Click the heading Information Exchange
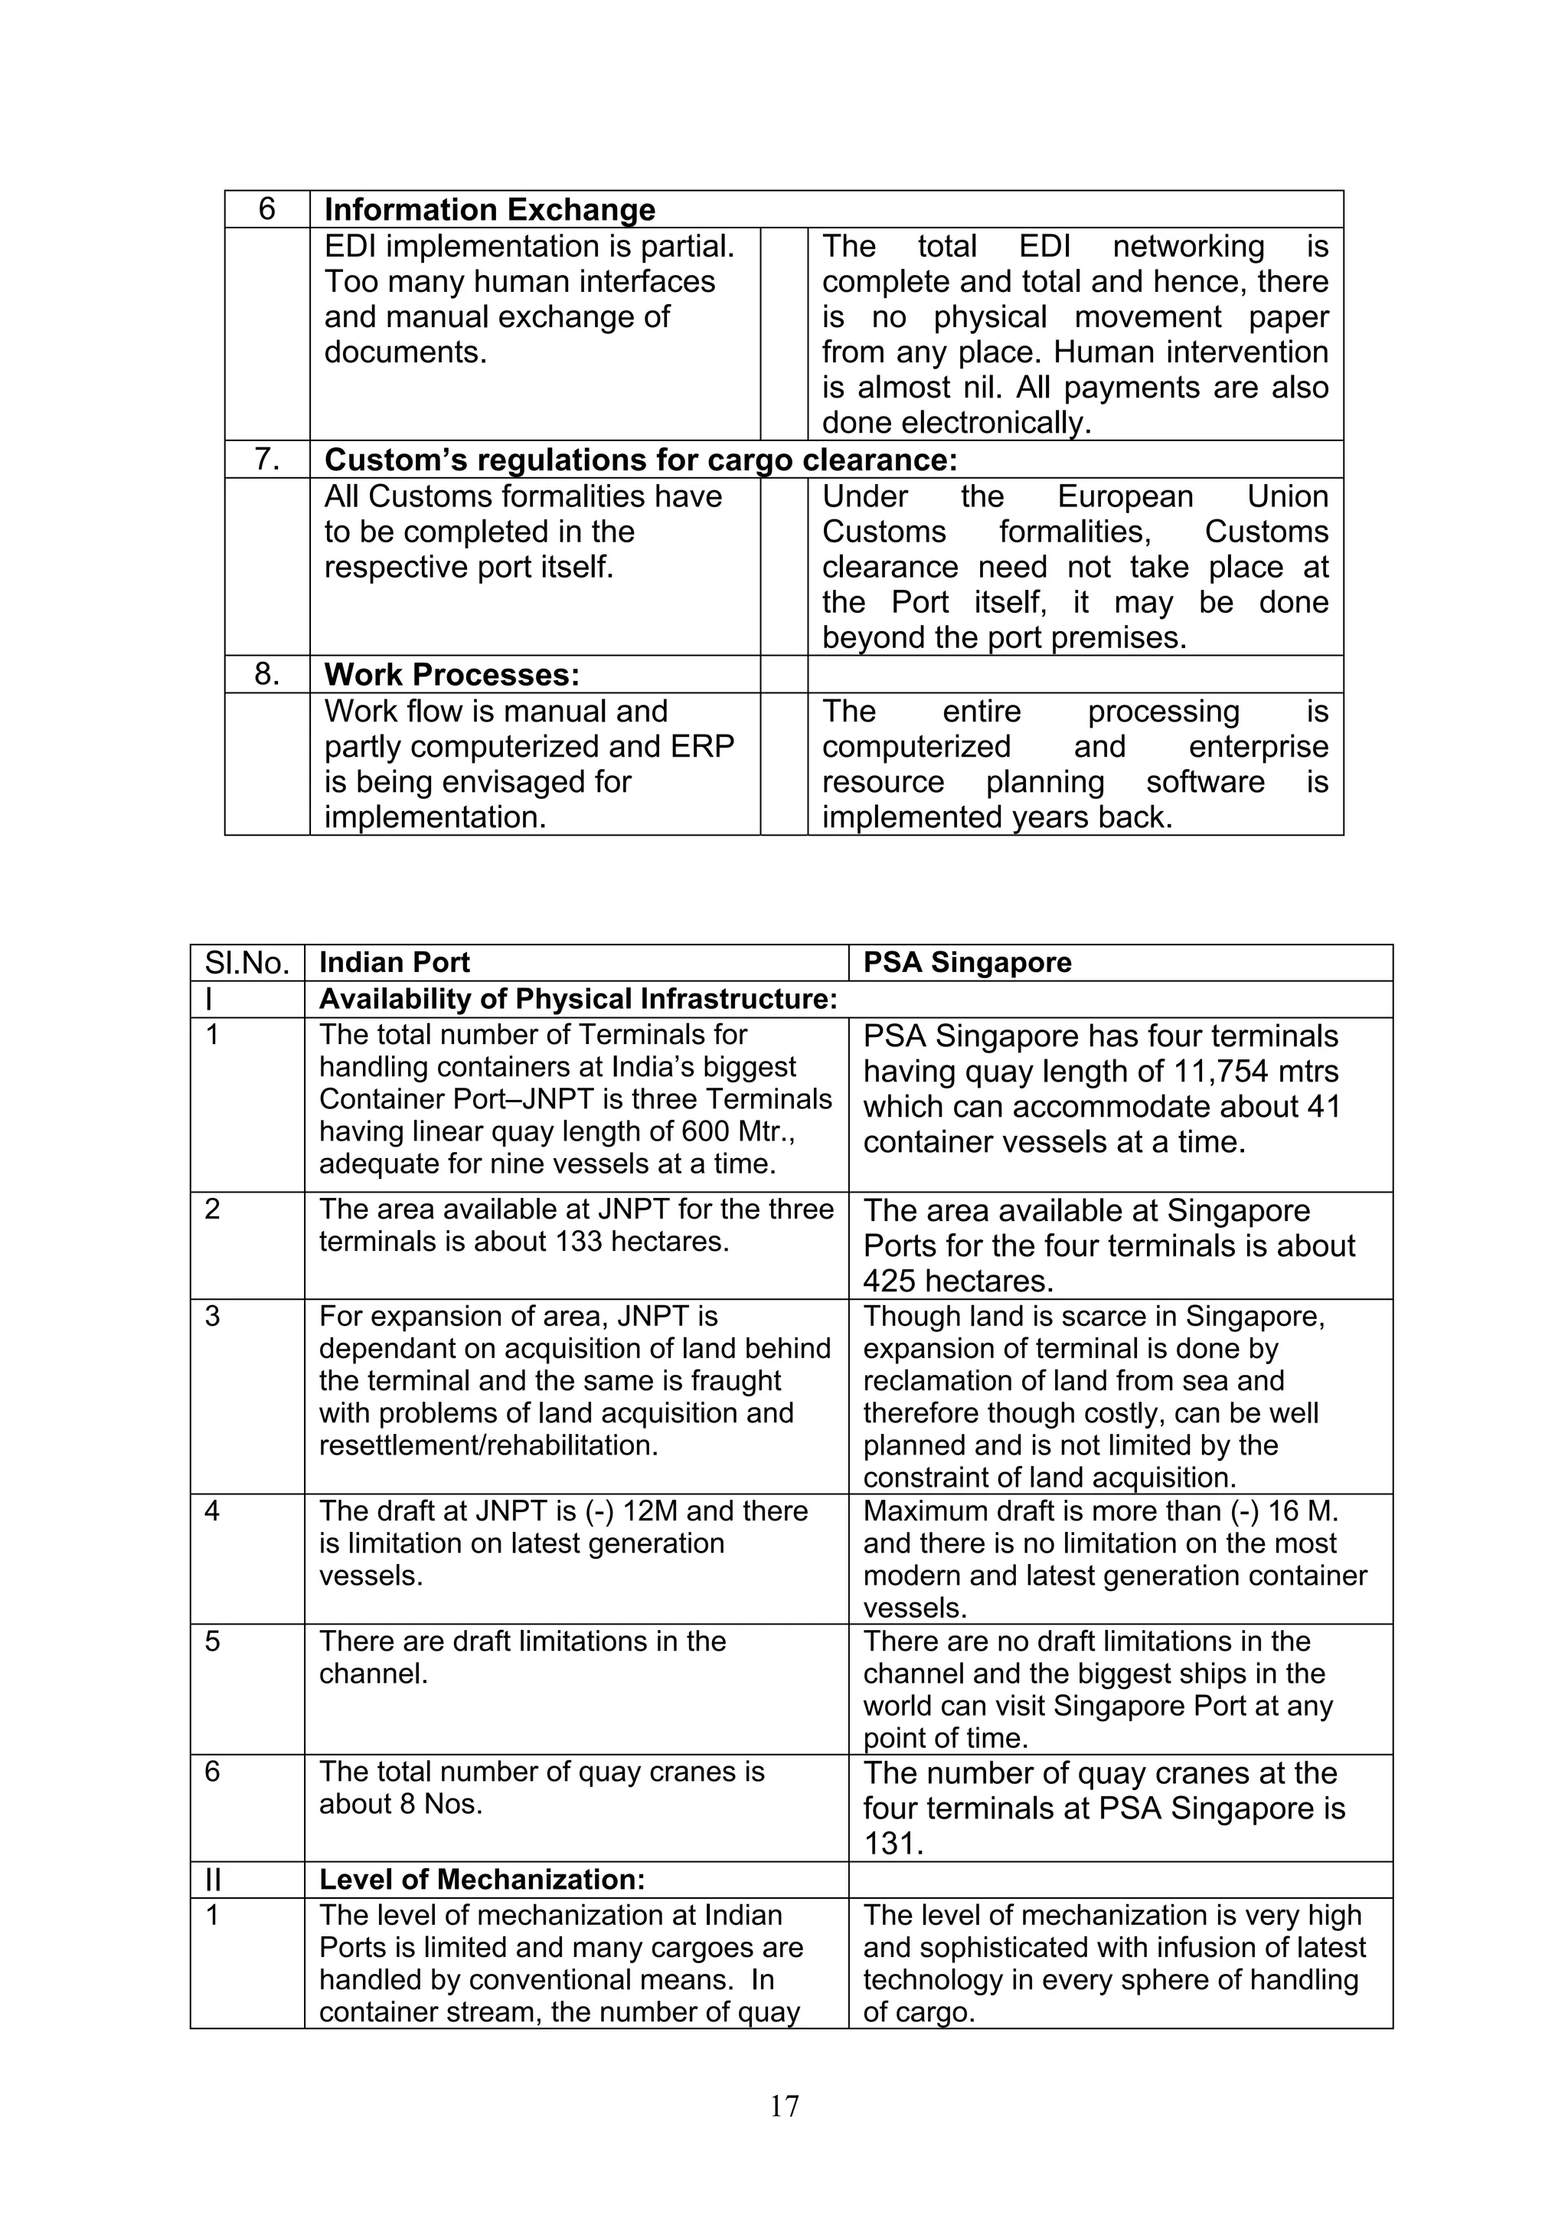(x=489, y=210)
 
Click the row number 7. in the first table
(x=266, y=459)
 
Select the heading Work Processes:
(x=451, y=673)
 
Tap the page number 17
(x=783, y=2105)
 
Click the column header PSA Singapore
(x=966, y=963)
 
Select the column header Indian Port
(x=394, y=963)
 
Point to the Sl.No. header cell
(x=247, y=963)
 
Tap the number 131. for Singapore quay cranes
(x=893, y=1843)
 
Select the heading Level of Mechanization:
(x=481, y=1880)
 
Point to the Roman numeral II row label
(x=213, y=1880)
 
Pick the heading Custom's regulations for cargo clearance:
(x=639, y=459)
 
